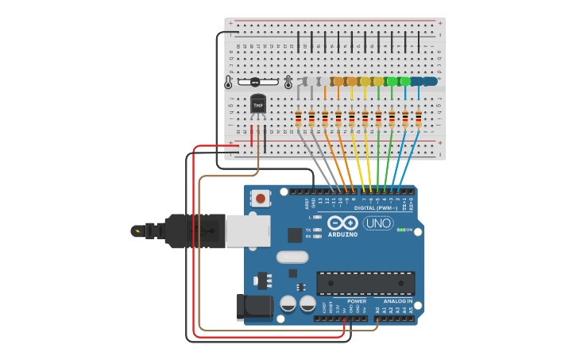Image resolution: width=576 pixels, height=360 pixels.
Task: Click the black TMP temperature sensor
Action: pos(258,105)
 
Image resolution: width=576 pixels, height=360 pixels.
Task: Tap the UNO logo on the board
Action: pos(378,223)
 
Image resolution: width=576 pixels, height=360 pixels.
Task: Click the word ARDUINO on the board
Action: pos(342,234)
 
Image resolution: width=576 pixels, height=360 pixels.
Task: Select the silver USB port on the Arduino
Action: pos(248,230)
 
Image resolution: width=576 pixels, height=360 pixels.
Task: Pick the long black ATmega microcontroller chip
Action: pos(365,283)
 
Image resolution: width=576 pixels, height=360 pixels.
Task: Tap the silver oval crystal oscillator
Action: pos(292,257)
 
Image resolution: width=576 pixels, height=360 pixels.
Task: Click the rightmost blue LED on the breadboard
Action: pos(430,81)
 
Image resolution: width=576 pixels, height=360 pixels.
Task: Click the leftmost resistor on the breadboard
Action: pos(298,118)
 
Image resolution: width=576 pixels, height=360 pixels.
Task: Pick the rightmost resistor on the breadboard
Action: pos(419,118)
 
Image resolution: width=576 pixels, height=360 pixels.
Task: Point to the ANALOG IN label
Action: pos(397,300)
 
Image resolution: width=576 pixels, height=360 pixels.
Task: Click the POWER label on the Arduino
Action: pos(357,300)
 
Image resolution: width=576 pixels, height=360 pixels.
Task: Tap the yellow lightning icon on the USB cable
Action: pos(139,232)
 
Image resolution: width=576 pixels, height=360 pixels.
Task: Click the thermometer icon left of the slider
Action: pos(229,82)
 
